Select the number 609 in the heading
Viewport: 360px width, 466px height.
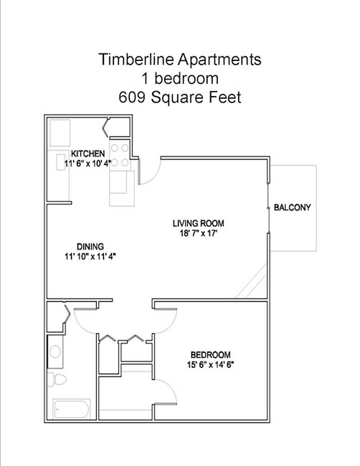click(x=132, y=98)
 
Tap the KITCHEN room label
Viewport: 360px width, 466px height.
click(x=88, y=153)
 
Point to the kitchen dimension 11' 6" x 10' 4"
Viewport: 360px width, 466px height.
click(x=87, y=163)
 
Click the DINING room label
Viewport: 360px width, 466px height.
click(x=90, y=247)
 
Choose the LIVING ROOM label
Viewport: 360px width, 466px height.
click(x=199, y=223)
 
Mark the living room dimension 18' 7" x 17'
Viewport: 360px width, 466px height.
click(x=199, y=233)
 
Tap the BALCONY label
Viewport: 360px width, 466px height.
click(x=293, y=207)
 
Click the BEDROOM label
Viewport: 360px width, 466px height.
click(x=210, y=355)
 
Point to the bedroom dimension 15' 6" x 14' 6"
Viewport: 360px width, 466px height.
click(x=210, y=364)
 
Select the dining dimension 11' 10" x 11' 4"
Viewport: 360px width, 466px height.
click(x=90, y=256)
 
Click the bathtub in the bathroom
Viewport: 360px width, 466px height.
click(x=72, y=409)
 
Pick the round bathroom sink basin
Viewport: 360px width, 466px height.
click(x=55, y=352)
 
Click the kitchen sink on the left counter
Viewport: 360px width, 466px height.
click(x=61, y=162)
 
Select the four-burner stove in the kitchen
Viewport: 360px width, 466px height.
click(x=120, y=155)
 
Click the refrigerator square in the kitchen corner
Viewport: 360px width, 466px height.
click(x=60, y=133)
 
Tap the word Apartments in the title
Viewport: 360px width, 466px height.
click(x=219, y=60)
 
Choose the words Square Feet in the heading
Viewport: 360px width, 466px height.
click(x=196, y=98)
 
